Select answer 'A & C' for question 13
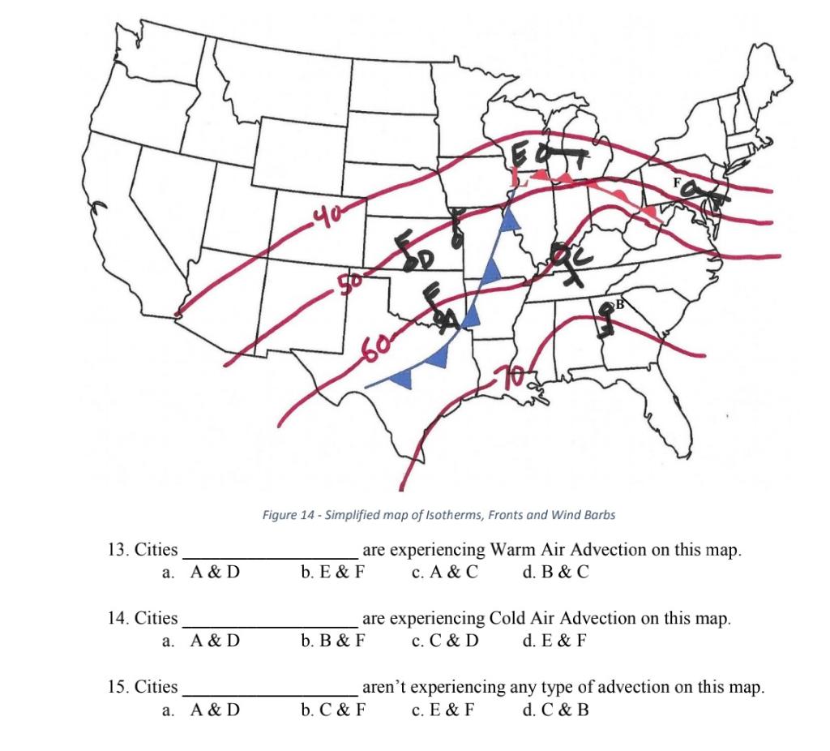445,572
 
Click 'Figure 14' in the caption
289,515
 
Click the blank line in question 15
269,694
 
